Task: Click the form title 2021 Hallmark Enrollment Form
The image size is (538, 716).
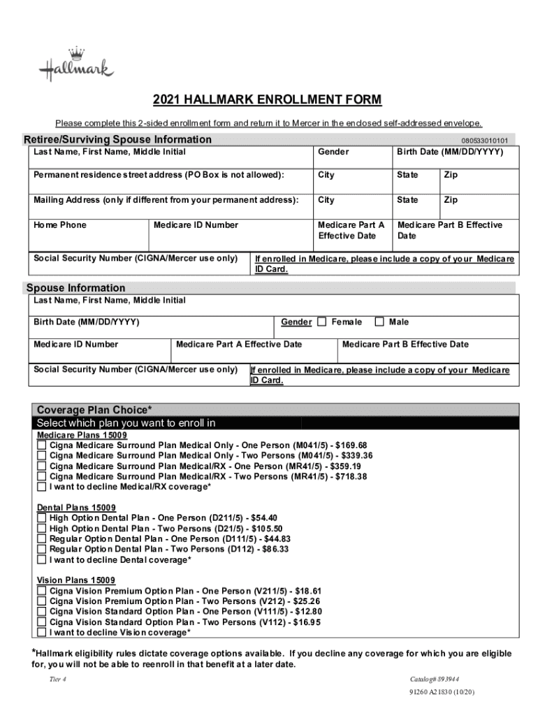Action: [x=268, y=100]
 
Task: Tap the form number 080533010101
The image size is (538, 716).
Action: [x=484, y=141]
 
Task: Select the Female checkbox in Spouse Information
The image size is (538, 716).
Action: [x=321, y=322]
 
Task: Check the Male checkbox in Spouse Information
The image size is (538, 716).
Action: [x=379, y=322]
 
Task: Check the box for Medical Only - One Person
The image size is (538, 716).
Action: [x=43, y=445]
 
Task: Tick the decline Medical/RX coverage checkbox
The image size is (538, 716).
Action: [x=43, y=487]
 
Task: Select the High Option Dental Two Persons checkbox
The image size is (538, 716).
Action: [x=43, y=529]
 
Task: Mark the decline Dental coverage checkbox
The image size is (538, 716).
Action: [x=43, y=560]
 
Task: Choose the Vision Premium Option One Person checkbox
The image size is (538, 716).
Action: [x=43, y=591]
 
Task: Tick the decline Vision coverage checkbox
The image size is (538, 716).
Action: [x=43, y=633]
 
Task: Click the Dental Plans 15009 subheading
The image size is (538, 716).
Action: [x=76, y=508]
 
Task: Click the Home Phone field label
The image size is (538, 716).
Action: [x=60, y=225]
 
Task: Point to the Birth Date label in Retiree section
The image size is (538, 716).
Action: [x=450, y=152]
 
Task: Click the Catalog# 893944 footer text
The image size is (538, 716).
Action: [x=435, y=680]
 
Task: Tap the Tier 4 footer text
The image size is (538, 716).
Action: [x=52, y=680]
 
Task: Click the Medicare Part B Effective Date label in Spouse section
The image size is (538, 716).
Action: [x=405, y=345]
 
